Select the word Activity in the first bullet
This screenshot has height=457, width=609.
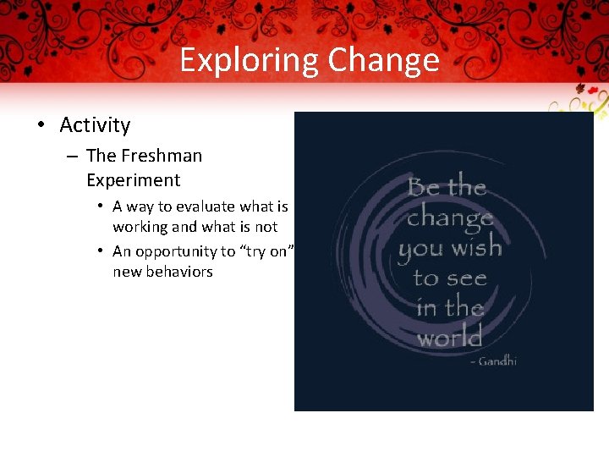tap(95, 125)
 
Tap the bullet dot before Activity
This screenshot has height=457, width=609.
tap(41, 125)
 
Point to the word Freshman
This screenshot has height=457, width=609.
tap(162, 156)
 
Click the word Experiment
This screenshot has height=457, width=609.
tap(133, 180)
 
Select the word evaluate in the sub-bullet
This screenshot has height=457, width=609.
tap(206, 206)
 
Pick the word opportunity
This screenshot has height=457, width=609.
tap(177, 251)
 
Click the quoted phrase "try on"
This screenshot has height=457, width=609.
tap(264, 251)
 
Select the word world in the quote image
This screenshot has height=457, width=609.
tap(449, 338)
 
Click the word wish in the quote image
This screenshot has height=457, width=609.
tap(476, 248)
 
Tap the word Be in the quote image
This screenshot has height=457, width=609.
tap(424, 186)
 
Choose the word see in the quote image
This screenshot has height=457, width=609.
tap(461, 278)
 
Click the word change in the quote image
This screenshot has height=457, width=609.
tap(449, 218)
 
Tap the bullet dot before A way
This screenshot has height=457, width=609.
tap(100, 206)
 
